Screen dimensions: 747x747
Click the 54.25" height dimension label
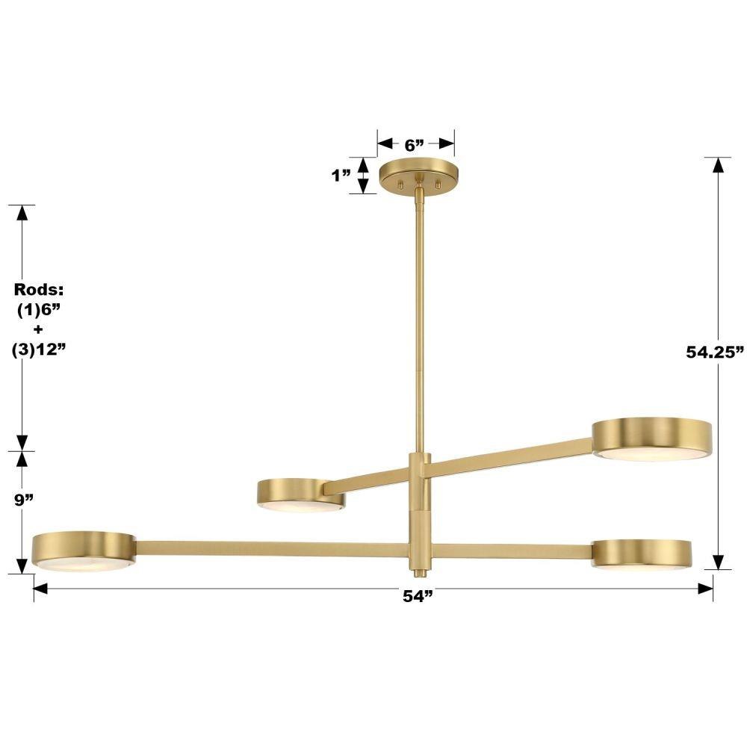click(715, 352)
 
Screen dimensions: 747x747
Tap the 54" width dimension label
click(418, 596)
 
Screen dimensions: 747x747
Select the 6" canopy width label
click(414, 146)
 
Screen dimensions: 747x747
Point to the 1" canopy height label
click(341, 176)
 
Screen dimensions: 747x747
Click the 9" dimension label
click(23, 500)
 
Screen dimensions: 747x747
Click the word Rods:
click(39, 289)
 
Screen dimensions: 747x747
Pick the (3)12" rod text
click(38, 350)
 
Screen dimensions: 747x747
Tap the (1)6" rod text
click(39, 310)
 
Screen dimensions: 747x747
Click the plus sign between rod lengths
click(38, 329)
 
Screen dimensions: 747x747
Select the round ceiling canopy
click(419, 176)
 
